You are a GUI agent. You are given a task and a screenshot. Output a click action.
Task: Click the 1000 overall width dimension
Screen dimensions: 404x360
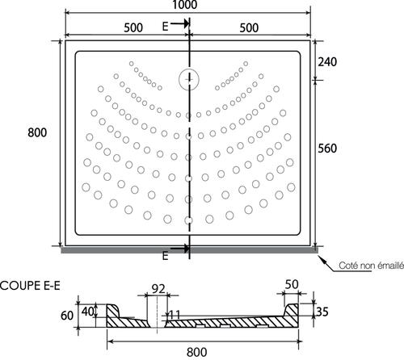click(185, 5)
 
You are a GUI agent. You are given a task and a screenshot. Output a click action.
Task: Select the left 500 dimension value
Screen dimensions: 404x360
click(133, 27)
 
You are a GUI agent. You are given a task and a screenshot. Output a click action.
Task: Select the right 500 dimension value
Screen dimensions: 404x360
click(249, 27)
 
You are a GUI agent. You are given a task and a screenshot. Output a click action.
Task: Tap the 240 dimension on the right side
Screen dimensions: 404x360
click(327, 62)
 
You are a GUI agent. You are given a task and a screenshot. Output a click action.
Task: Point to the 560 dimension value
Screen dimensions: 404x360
click(327, 149)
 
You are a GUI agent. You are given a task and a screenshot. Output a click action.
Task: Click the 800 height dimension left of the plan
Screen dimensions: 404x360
click(37, 132)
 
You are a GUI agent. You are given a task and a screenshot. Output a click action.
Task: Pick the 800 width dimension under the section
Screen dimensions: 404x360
click(197, 352)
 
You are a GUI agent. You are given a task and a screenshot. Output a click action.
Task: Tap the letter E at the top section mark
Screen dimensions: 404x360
click(165, 27)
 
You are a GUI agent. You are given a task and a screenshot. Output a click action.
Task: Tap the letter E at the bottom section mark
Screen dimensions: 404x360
click(165, 256)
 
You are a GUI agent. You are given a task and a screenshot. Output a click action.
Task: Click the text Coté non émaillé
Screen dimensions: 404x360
click(372, 266)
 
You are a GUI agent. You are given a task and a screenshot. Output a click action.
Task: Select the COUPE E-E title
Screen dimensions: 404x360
click(30, 286)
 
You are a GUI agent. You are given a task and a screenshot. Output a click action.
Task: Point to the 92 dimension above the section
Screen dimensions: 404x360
click(158, 289)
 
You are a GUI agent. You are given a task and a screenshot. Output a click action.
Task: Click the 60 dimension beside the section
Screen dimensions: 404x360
click(67, 316)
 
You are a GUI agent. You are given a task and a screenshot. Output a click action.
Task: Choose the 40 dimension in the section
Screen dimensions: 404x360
click(88, 312)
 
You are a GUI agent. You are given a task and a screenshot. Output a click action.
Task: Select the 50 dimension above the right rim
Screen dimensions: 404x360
click(292, 284)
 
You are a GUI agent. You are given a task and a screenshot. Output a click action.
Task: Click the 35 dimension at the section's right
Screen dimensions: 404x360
click(322, 312)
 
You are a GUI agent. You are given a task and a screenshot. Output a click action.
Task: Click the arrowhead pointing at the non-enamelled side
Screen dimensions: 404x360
click(321, 259)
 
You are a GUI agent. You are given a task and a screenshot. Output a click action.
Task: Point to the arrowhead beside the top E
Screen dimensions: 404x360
click(186, 23)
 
